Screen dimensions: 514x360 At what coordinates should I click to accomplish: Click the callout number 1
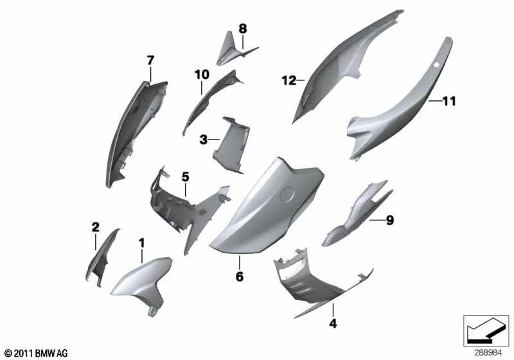(141, 243)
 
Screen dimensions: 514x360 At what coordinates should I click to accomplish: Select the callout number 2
(95, 227)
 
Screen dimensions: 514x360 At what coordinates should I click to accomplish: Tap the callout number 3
(203, 139)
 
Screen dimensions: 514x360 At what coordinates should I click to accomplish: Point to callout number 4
(333, 323)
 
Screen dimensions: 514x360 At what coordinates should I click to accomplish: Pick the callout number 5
(186, 177)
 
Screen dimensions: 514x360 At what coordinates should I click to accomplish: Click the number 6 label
(240, 276)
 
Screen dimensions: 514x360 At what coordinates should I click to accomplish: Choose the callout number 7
(150, 60)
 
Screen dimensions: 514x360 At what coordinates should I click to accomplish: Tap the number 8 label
(243, 29)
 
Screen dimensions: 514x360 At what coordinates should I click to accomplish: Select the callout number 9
(389, 221)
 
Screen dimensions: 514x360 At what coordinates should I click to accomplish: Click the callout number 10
(202, 75)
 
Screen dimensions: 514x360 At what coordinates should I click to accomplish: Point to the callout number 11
(449, 102)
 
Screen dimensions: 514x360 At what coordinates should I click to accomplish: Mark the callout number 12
(288, 80)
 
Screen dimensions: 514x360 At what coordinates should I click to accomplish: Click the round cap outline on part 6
(287, 194)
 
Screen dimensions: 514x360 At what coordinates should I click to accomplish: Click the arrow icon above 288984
(486, 330)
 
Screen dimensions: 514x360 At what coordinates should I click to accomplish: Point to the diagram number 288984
(488, 353)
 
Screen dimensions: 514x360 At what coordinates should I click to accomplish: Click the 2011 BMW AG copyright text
(37, 353)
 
